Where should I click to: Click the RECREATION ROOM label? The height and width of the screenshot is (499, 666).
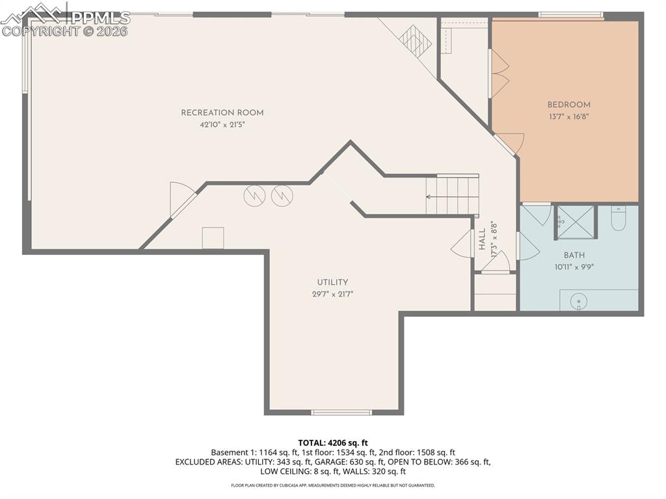tap(222, 113)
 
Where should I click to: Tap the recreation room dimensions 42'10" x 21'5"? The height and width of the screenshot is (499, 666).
tap(222, 125)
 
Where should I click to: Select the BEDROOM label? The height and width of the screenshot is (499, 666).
tap(568, 105)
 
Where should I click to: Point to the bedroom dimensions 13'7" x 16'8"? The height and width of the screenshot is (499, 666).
tap(568, 117)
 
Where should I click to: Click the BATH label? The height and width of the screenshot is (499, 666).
tap(574, 256)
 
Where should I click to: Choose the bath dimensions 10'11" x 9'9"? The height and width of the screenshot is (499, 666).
tap(574, 267)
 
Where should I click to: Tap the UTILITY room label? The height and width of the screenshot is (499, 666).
tap(332, 282)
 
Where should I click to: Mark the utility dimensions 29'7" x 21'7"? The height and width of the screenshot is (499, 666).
tap(332, 294)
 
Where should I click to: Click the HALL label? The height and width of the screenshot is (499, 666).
tap(482, 239)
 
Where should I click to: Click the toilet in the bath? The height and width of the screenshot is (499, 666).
tap(618, 219)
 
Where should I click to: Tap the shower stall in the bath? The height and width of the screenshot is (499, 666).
tap(576, 222)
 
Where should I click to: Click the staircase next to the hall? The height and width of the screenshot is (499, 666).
tap(453, 195)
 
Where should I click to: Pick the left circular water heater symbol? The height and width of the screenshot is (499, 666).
tap(254, 196)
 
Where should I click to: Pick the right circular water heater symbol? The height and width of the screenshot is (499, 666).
tap(282, 196)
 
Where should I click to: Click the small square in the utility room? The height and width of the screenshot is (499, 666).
tap(213, 237)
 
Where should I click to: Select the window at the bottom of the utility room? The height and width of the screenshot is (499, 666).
tap(341, 412)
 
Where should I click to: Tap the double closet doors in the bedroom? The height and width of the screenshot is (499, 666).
tap(498, 74)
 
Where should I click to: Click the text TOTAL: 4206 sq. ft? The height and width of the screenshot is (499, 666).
tap(332, 443)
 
